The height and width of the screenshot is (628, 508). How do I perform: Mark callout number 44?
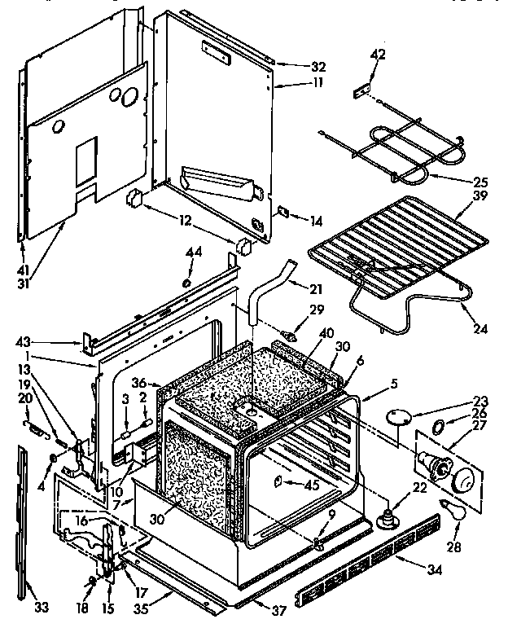click(193, 253)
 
